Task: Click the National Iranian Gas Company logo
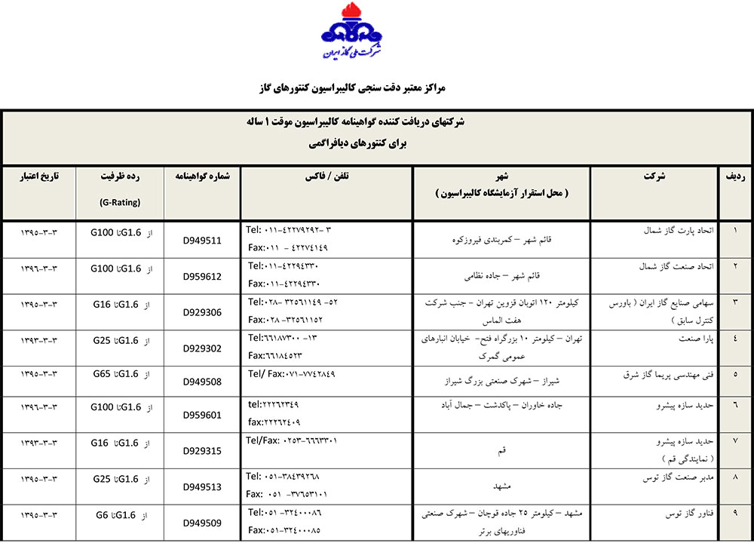(x=351, y=34)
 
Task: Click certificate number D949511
(x=202, y=241)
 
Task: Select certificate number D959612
(x=202, y=277)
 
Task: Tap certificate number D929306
(x=202, y=311)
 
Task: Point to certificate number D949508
(x=202, y=382)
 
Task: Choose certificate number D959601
(x=202, y=416)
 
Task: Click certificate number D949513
(x=202, y=486)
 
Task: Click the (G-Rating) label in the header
(x=119, y=202)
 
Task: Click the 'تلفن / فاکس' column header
(x=326, y=176)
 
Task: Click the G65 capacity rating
(x=103, y=373)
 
